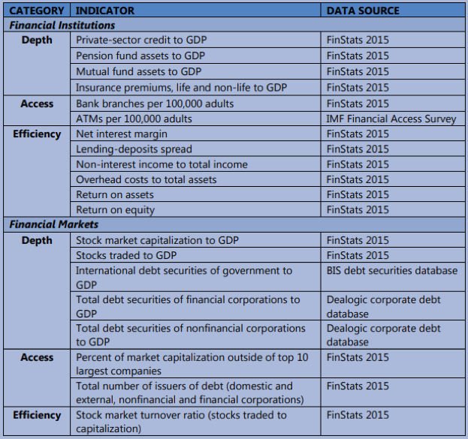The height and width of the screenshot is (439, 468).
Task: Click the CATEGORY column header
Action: [36, 11]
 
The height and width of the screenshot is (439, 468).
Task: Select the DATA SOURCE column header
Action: [363, 11]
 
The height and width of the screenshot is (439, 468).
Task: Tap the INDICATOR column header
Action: [105, 11]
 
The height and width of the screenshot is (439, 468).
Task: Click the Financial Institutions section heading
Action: [62, 26]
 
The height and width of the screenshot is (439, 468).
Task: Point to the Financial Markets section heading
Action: [54, 224]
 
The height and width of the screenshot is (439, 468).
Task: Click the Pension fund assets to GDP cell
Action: [140, 56]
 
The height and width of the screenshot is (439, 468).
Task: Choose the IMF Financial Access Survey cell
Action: [391, 119]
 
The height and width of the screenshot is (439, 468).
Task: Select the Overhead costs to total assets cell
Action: [146, 179]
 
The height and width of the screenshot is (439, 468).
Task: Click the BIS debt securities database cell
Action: [391, 270]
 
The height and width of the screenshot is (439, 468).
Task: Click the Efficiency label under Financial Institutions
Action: [37, 134]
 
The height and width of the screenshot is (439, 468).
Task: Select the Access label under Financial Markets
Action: [37, 357]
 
